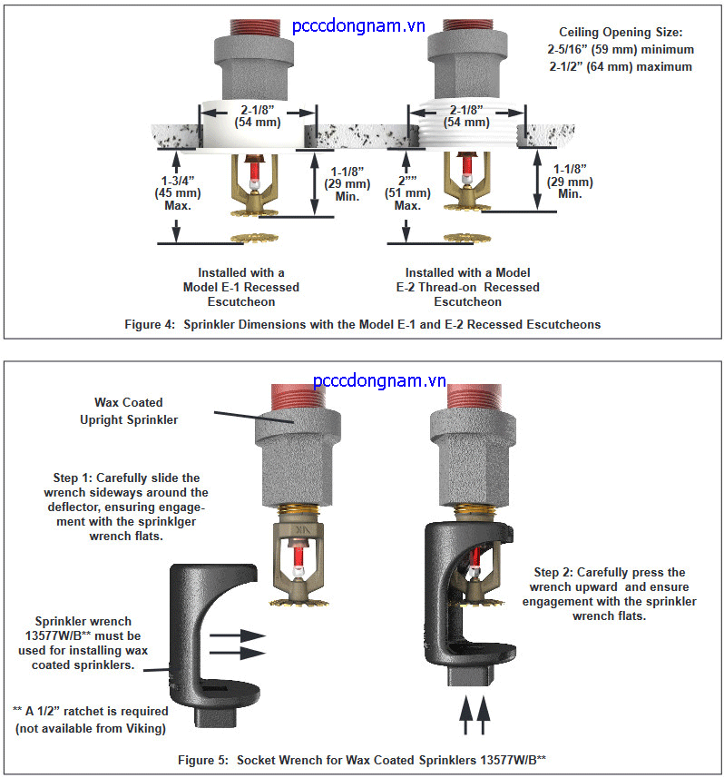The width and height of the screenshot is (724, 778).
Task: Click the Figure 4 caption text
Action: [361, 324]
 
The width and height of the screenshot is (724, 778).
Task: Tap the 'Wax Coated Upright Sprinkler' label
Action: [137, 409]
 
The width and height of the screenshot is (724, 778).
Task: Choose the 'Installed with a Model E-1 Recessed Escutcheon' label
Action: [240, 287]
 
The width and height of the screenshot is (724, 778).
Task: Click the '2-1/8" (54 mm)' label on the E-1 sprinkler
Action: [258, 115]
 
